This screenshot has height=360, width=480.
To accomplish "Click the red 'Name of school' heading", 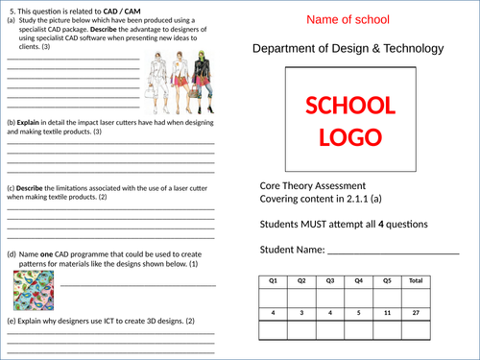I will point(354,19).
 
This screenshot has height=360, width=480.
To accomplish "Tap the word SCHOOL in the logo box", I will point(349,107).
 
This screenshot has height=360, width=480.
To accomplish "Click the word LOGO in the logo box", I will point(349,136).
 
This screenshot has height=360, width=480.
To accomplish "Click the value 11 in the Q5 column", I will point(387,313).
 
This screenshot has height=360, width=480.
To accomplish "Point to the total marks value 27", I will point(415,313).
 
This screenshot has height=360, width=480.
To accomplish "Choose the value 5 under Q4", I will point(358,313).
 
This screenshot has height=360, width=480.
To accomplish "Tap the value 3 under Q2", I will point(301,313).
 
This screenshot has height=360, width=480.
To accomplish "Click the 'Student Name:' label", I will point(292,252).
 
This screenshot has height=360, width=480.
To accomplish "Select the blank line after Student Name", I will point(393,253).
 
